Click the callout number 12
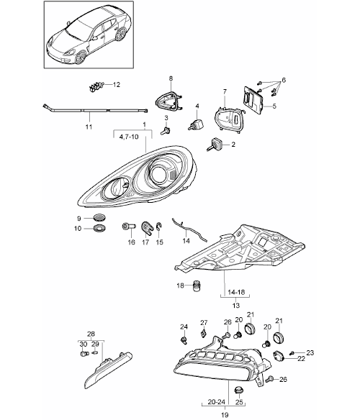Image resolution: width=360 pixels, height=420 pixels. pos(117,85)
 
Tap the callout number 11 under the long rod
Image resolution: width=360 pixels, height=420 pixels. pos(89,127)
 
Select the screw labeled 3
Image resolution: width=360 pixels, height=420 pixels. pos(166,131)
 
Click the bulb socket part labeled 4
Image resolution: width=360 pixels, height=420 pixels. pos(197,124)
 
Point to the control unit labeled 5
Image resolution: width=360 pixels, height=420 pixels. pos(253,100)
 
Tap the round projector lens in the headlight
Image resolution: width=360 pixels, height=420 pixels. pos(158,174)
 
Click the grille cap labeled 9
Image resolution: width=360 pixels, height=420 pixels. pos(99,217)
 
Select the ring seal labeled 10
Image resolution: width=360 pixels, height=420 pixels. pos(99,229)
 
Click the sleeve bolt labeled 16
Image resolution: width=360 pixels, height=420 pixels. pos(129,227)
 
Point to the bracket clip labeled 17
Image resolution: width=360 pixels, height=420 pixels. pos(147,228)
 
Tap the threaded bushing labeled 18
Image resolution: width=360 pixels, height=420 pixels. pos(197,286)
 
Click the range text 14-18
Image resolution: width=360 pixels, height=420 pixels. pos(236,292)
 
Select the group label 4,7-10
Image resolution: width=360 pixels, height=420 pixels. pos(129,137)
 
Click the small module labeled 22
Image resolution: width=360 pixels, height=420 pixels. pos(278,356)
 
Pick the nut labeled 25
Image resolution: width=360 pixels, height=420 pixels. pos(239,390)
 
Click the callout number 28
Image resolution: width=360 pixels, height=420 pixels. pos(91,334)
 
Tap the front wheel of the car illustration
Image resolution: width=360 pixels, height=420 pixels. pos(80,58)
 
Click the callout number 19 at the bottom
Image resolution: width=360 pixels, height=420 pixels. pos(225,415)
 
